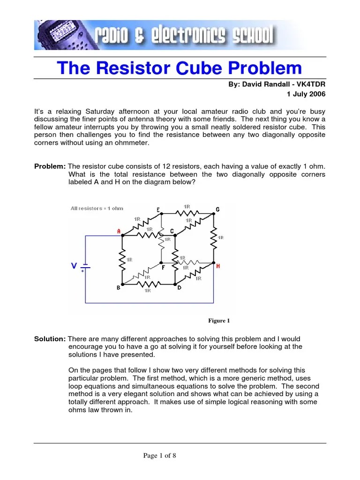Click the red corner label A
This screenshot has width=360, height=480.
click(119, 231)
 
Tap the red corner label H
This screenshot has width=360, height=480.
click(218, 266)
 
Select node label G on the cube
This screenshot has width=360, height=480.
click(217, 209)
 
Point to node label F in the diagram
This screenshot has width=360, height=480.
click(164, 268)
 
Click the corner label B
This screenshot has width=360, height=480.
click(118, 288)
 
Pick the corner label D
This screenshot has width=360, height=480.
click(179, 288)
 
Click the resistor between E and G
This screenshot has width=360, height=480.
click(187, 212)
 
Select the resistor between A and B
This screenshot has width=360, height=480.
click(122, 260)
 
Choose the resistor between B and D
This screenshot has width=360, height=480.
click(148, 285)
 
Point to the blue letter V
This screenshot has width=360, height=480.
click(74, 266)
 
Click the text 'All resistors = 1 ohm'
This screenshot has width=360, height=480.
click(97, 208)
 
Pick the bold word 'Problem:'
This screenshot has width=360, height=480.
click(51, 167)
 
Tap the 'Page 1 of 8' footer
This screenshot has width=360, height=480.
click(160, 455)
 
